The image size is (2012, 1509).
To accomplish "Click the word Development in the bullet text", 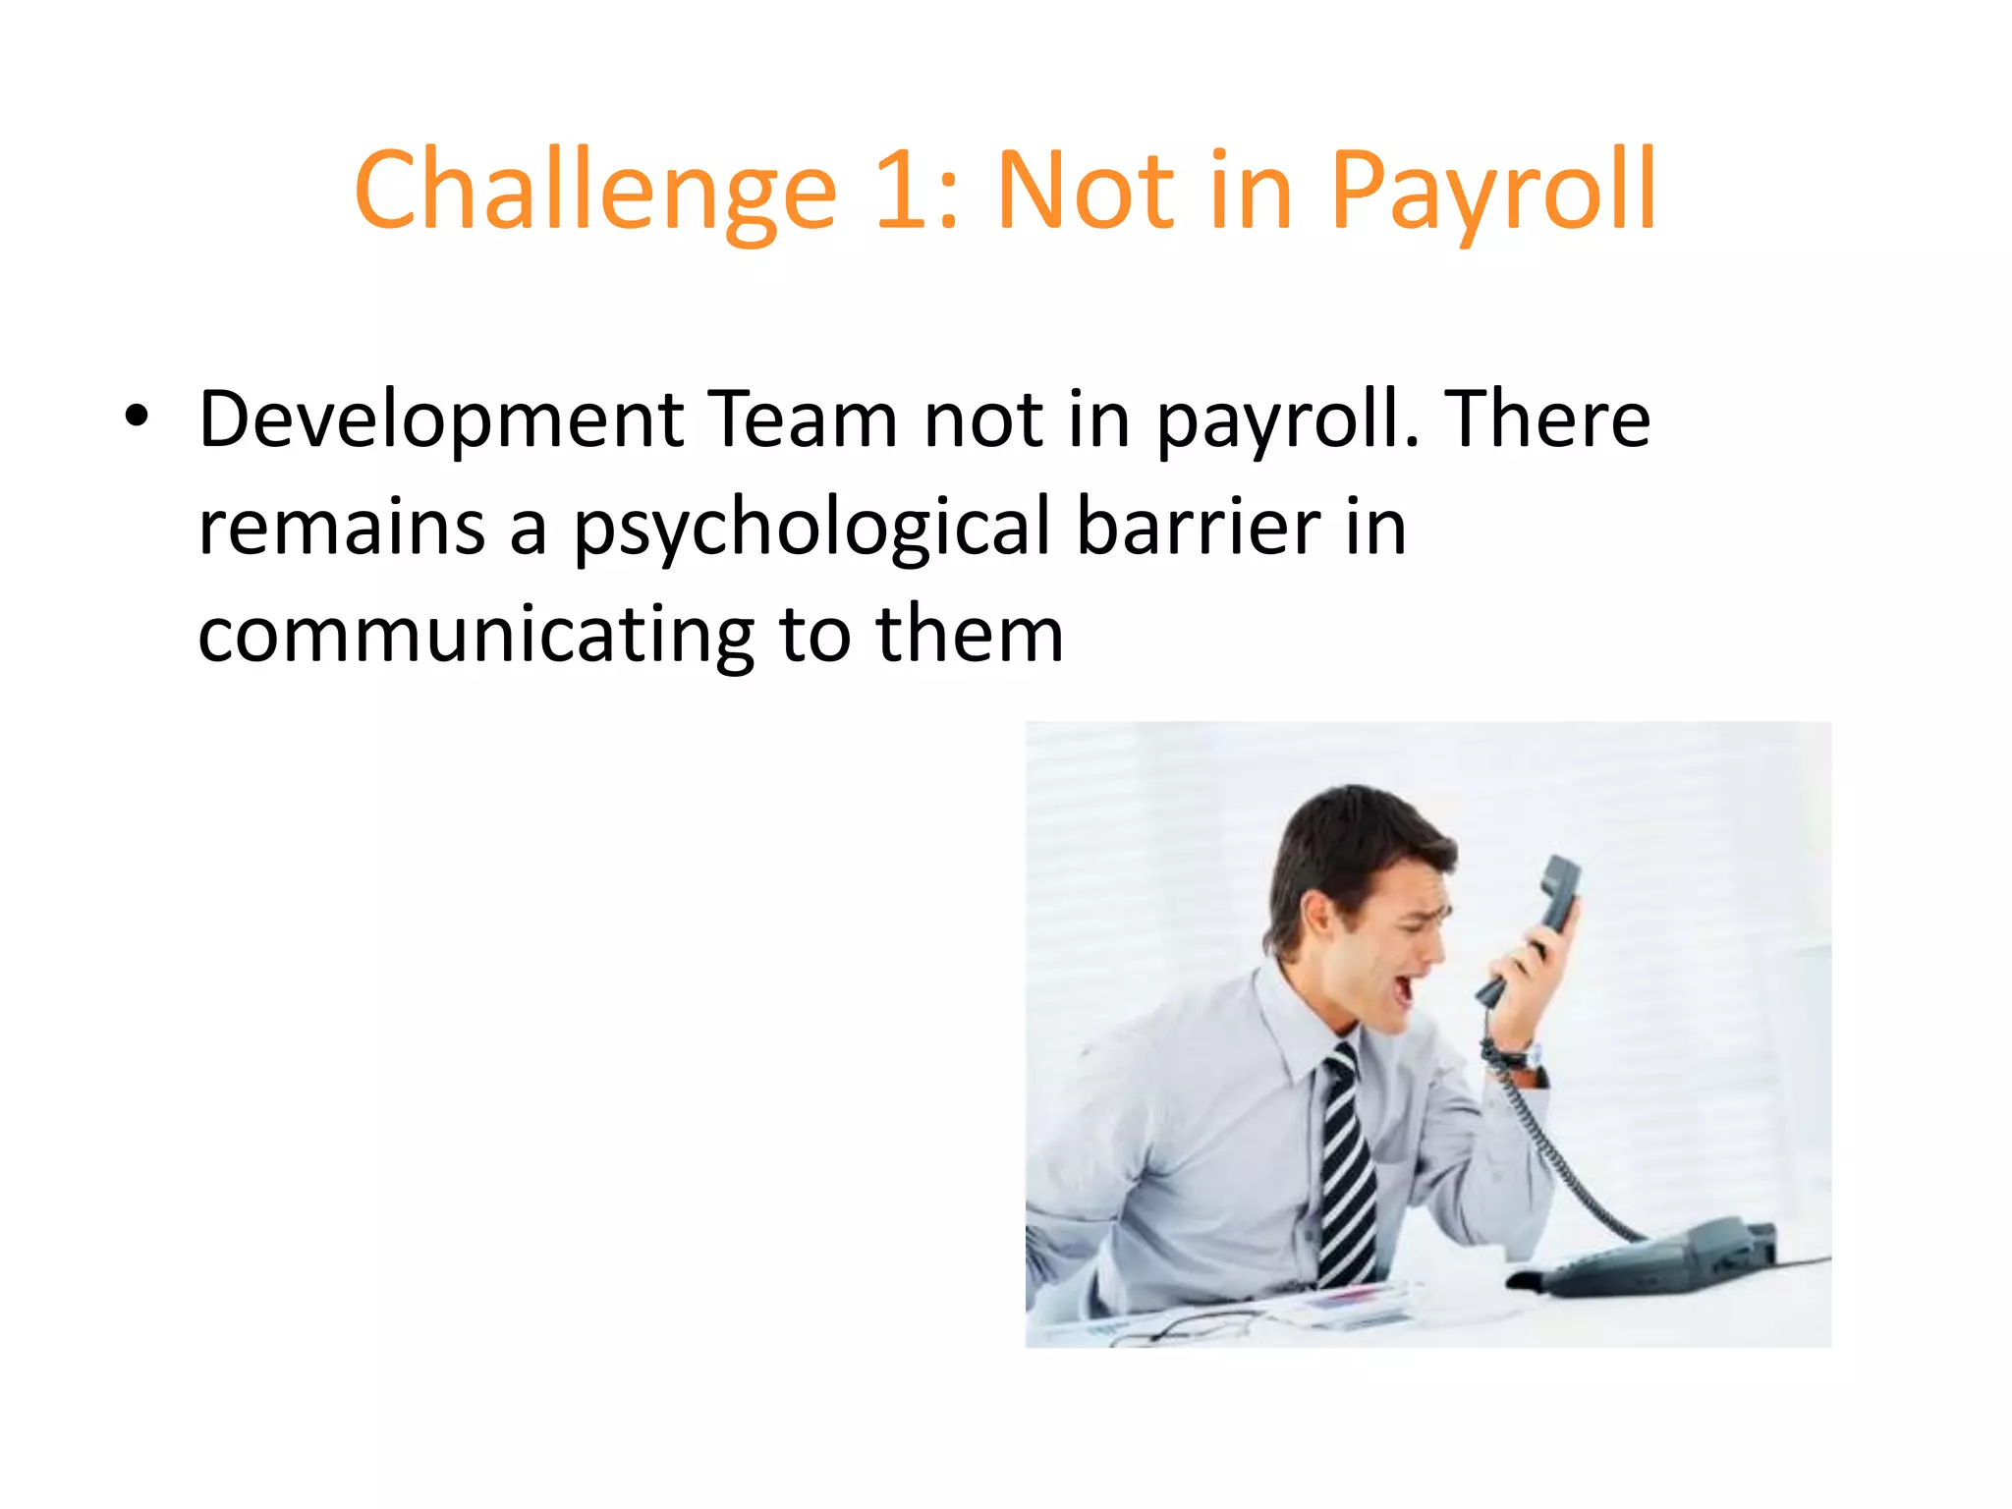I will pyautogui.click(x=441, y=419).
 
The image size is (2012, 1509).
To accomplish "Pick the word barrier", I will pyautogui.click(x=1199, y=528).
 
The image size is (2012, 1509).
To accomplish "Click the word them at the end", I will pyautogui.click(x=970, y=636).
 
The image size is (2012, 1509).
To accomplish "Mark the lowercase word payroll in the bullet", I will pyautogui.click(x=1287, y=419).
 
